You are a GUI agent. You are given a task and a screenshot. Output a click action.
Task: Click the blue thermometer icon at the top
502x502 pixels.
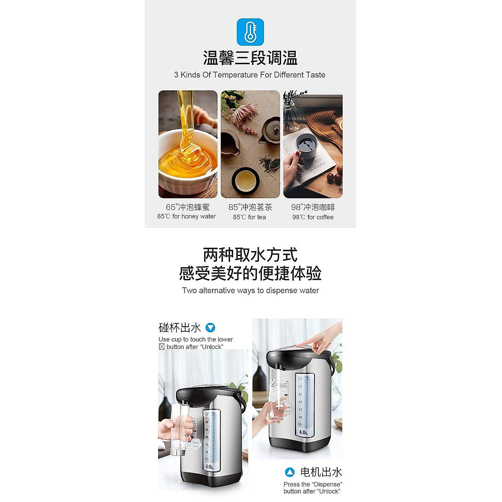click(250, 32)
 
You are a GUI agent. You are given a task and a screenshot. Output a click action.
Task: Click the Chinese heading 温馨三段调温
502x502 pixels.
click(250, 58)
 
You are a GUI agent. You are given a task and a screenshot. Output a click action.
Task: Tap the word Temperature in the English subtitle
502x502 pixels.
click(235, 75)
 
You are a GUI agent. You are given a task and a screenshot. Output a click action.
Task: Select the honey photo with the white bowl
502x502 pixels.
click(188, 144)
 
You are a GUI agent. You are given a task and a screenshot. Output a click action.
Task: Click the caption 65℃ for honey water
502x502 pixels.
click(187, 217)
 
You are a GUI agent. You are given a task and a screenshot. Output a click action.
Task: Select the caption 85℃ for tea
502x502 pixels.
click(250, 217)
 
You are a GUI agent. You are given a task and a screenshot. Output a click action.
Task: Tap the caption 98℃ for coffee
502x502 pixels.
click(313, 217)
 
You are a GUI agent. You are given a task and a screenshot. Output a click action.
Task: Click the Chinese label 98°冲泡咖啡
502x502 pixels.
click(313, 207)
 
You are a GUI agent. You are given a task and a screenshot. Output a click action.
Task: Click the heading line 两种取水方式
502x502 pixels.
click(250, 255)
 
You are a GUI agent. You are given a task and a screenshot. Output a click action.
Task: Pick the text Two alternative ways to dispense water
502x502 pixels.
click(250, 291)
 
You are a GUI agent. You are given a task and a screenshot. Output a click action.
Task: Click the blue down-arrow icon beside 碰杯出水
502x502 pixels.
click(210, 328)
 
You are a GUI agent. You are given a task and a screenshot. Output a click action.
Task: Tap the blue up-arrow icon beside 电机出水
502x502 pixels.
click(289, 472)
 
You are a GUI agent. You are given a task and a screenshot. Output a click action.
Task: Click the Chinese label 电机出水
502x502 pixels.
click(321, 472)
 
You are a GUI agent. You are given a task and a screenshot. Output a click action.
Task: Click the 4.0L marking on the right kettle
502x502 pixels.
click(303, 432)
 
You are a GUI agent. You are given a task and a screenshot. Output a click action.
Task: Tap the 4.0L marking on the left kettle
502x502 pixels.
click(210, 466)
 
